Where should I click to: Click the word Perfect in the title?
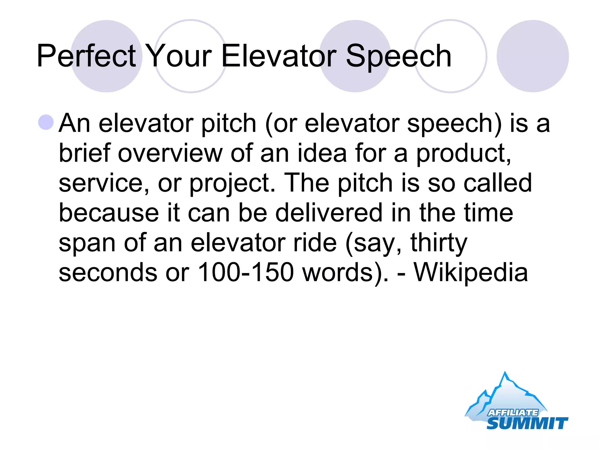(86, 56)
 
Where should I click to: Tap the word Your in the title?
(179, 56)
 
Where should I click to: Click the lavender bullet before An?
(46, 122)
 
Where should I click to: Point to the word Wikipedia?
(471, 272)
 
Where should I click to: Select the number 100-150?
(245, 272)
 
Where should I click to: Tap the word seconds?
(108, 272)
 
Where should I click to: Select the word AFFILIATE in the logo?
(512, 412)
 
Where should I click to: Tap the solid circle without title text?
(532, 56)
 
